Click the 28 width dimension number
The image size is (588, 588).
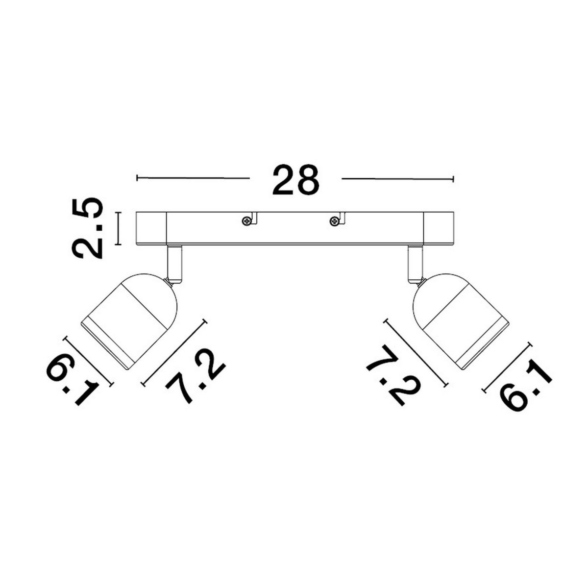click(x=296, y=180)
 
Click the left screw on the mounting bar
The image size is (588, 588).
click(x=246, y=220)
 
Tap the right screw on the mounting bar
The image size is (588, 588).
click(x=335, y=220)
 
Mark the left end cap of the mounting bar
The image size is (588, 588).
click(x=151, y=228)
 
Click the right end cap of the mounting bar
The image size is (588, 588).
click(x=439, y=228)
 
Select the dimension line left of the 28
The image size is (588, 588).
click(x=193, y=177)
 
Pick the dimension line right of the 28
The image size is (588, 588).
click(x=398, y=178)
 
